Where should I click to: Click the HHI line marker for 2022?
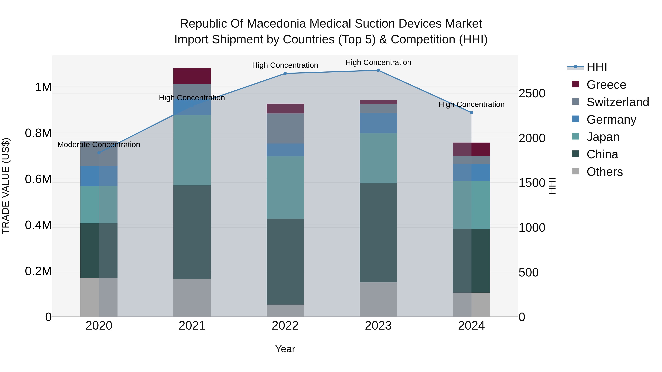(x=285, y=73)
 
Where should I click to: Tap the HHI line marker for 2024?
(x=471, y=112)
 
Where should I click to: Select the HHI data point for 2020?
(x=99, y=153)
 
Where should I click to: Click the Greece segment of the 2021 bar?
(x=192, y=76)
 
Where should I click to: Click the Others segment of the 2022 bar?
(x=285, y=311)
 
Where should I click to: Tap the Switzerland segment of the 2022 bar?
(x=285, y=128)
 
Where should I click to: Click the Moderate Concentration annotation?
(x=99, y=145)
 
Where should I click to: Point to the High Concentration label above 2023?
(x=378, y=62)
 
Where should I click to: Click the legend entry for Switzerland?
(x=617, y=102)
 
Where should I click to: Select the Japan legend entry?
(x=603, y=137)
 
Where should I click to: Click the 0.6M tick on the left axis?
(x=38, y=179)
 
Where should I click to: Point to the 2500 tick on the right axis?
(x=532, y=94)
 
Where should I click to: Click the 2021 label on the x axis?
(x=192, y=326)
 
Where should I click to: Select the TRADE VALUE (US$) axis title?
(x=6, y=186)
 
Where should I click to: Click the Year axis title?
(x=285, y=349)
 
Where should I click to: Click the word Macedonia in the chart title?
(x=277, y=24)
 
